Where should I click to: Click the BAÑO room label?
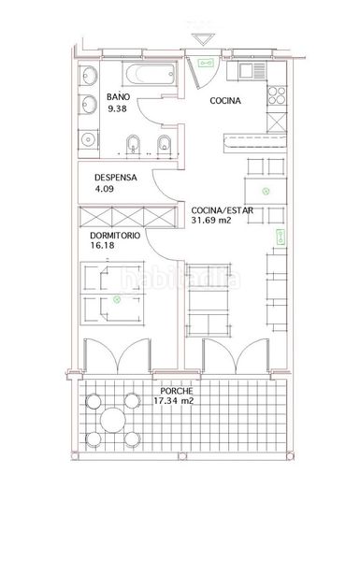pyautogui.click(x=117, y=97)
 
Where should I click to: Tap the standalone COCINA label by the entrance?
pyautogui.click(x=227, y=101)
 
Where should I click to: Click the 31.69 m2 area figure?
pyautogui.click(x=217, y=222)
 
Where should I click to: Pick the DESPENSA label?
pyautogui.click(x=115, y=179)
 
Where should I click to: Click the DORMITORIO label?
pyautogui.click(x=115, y=237)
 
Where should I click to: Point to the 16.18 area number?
pyautogui.click(x=103, y=248)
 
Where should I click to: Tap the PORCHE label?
pyautogui.click(x=175, y=391)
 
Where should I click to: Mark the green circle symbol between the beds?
pyautogui.click(x=117, y=299)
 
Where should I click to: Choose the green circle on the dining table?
pyautogui.click(x=266, y=191)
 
